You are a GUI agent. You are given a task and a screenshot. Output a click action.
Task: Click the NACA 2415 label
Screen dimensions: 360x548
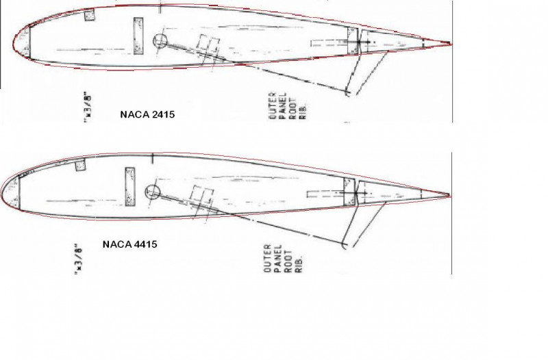point(147,114)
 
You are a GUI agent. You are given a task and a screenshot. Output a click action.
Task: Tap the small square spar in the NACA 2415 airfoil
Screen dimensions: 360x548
point(89,15)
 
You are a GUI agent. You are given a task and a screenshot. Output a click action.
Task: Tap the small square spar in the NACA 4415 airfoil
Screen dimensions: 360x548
point(79,165)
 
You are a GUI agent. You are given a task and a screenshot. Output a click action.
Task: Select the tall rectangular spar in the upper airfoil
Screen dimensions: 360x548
point(137,35)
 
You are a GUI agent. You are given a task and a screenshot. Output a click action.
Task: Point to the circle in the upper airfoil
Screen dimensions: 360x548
point(161,40)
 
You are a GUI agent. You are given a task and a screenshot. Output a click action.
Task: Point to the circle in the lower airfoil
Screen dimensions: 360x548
point(153,192)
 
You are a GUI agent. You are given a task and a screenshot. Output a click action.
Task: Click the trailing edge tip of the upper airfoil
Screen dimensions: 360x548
point(450,44)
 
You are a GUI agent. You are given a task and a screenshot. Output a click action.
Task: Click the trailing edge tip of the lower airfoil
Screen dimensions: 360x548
point(449,196)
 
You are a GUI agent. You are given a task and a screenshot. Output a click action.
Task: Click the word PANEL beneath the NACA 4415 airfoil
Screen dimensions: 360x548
point(278,258)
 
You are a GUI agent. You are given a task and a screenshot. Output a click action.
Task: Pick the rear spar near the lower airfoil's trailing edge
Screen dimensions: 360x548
point(349,191)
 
